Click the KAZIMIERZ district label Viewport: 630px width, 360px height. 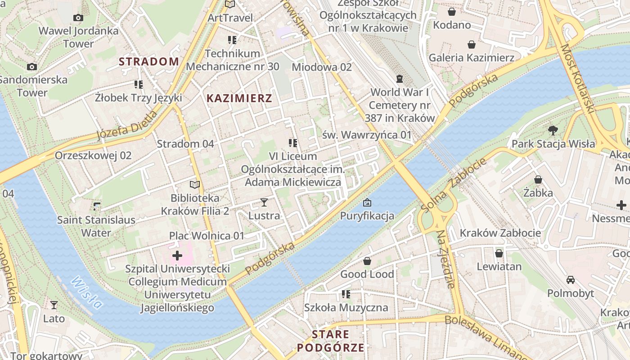coord(239,98)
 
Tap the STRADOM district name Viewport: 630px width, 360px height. coord(149,62)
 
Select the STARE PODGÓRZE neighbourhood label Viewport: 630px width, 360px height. coord(330,341)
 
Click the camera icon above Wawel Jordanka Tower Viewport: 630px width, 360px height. coord(78,18)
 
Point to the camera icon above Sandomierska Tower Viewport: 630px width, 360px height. coord(31,67)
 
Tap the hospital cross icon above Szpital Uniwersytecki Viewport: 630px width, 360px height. coord(177,256)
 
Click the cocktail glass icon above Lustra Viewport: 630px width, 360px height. coord(264,202)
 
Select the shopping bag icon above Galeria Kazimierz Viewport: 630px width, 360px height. coord(471,45)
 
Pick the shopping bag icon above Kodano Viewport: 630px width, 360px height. coord(451,12)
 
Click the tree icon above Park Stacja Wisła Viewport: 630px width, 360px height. coord(553,130)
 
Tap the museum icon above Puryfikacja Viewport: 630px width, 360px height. coord(367,202)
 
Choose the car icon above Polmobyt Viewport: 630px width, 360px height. coord(570,280)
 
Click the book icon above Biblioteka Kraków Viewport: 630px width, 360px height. coord(194,184)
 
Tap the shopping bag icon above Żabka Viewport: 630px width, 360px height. coord(538,180)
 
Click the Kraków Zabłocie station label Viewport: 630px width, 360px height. coord(500,233)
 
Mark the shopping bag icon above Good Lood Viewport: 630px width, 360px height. coord(367,261)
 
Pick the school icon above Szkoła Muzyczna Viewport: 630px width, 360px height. coord(346,294)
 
